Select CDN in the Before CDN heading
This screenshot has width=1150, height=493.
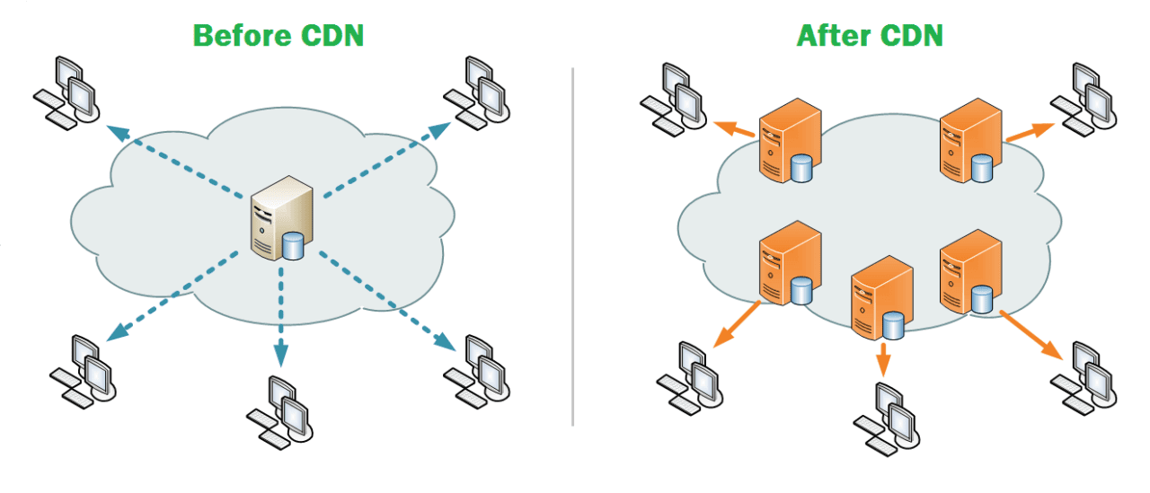[x=332, y=35]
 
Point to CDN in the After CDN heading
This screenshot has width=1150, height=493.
[x=911, y=35]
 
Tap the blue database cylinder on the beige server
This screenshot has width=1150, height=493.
[x=294, y=246]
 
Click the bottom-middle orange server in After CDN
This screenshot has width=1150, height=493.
[x=881, y=297]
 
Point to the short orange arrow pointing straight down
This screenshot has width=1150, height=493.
[x=883, y=359]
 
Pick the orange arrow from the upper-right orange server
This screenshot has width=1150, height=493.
[x=1030, y=132]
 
